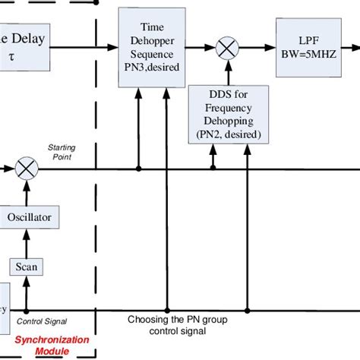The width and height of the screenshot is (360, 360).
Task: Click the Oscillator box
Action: (28, 217)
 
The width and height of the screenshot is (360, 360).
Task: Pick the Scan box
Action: (27, 266)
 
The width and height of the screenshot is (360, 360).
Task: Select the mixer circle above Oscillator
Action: (27, 169)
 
